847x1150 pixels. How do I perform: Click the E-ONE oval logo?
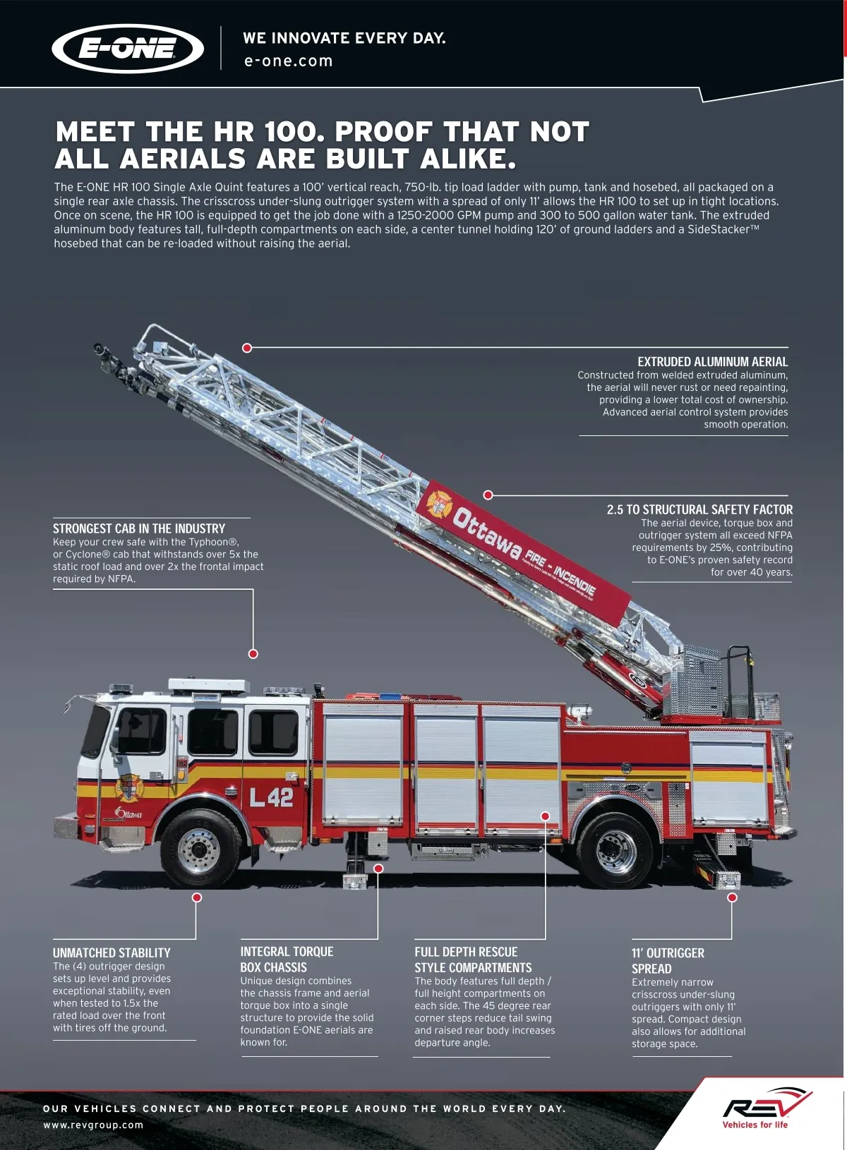pos(128,49)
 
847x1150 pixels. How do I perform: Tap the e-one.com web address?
pos(288,61)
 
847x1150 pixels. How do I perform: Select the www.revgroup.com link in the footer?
pos(93,1125)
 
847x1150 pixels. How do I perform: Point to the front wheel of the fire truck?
pos(199,849)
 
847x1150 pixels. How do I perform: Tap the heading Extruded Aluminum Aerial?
pos(712,361)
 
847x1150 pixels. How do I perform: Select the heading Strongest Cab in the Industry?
pos(138,528)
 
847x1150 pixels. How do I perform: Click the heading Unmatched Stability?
pos(112,953)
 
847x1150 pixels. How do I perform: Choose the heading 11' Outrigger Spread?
pos(668,960)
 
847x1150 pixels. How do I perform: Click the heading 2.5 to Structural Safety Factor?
pos(699,509)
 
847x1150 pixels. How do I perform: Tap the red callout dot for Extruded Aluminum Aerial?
pos(247,348)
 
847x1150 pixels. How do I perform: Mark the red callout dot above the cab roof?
pos(253,654)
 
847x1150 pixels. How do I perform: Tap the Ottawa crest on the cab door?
pos(129,788)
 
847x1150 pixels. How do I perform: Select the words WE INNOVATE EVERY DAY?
pos(344,38)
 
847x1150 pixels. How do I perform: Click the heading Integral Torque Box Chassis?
pos(287,960)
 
